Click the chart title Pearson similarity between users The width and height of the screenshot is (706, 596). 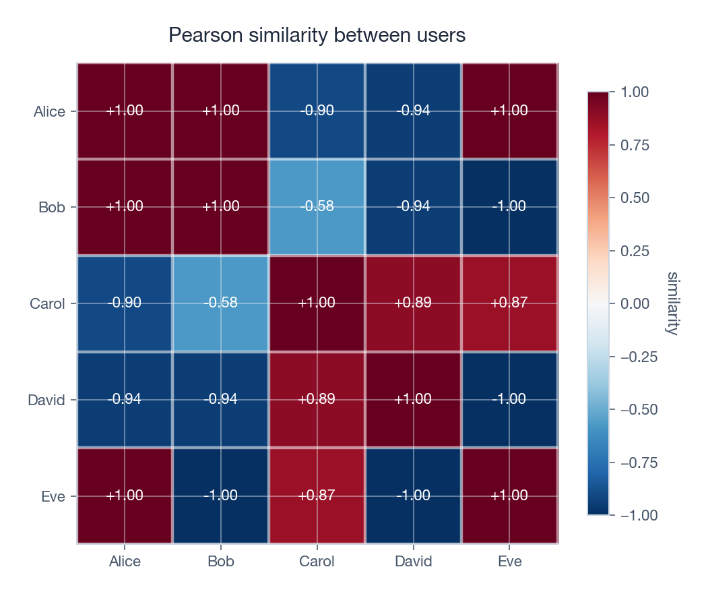click(x=317, y=35)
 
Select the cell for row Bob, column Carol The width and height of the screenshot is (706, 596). click(x=317, y=207)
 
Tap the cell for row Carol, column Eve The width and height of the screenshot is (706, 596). click(x=509, y=303)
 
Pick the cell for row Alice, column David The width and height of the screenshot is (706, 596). click(x=413, y=111)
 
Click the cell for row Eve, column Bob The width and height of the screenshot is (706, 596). click(x=221, y=496)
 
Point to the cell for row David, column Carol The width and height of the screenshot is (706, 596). click(x=317, y=399)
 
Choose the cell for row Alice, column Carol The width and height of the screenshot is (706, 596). click(x=317, y=111)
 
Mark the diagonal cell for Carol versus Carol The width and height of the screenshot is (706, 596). click(x=317, y=303)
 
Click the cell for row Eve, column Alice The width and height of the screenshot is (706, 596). click(x=125, y=496)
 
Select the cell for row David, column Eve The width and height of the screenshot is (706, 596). click(x=509, y=399)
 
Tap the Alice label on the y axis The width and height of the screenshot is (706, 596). click(x=49, y=112)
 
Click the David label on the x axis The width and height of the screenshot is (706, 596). click(x=413, y=562)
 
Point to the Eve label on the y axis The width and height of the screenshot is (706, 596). click(x=53, y=497)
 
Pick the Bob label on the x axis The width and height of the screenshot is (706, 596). click(x=221, y=562)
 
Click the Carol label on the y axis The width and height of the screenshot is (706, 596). click(x=47, y=304)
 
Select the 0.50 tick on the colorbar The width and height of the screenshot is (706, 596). click(x=634, y=198)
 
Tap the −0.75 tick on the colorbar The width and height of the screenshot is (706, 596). click(x=637, y=463)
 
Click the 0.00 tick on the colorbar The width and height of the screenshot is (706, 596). click(x=634, y=303)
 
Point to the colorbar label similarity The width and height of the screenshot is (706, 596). click(x=672, y=303)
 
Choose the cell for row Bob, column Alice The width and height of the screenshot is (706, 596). click(x=125, y=207)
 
